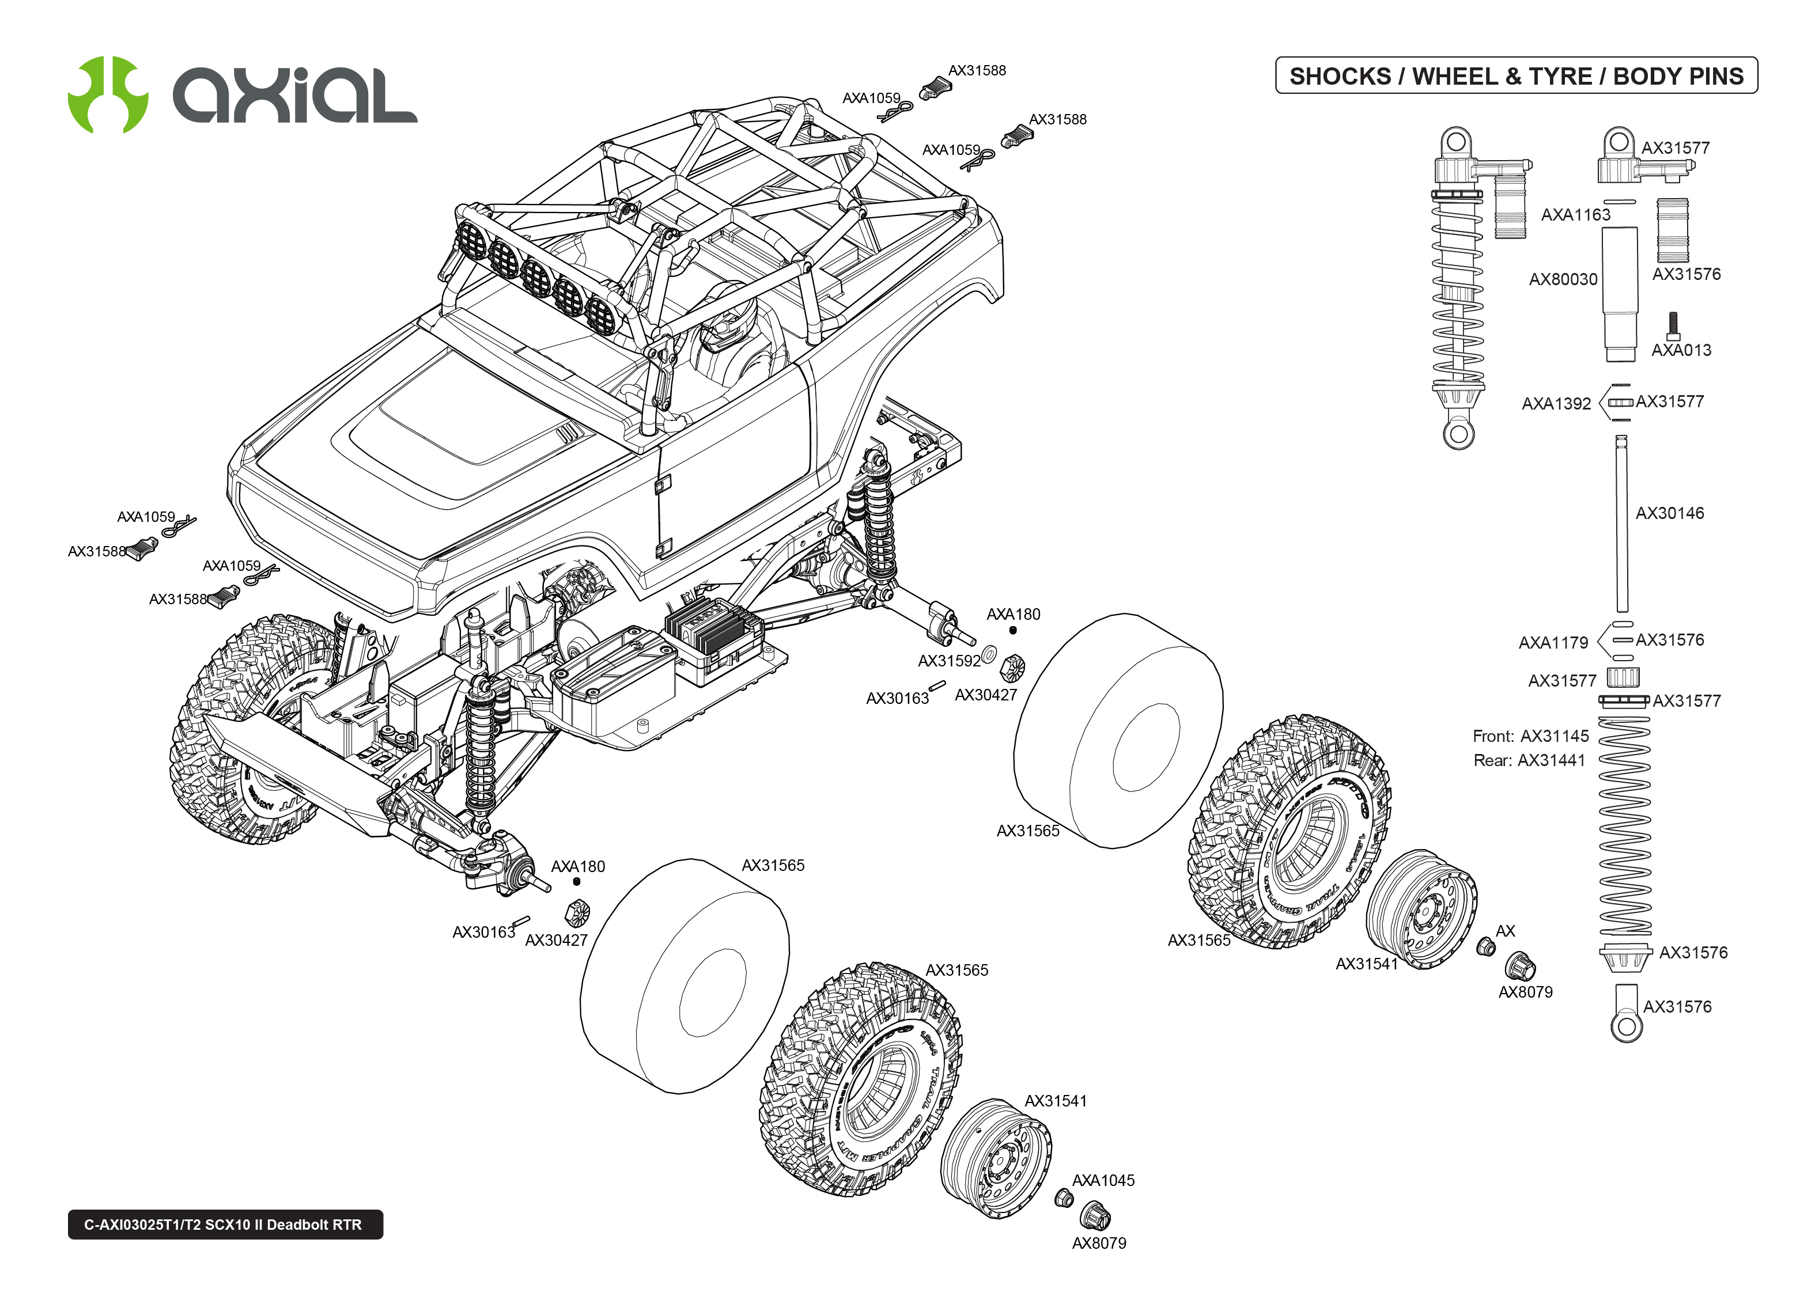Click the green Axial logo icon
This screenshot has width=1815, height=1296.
tap(108, 94)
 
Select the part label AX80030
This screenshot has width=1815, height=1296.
tap(1562, 279)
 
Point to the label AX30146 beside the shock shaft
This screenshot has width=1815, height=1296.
tap(1669, 513)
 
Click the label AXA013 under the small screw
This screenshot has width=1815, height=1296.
tap(1680, 350)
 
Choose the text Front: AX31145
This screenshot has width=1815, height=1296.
tap(1530, 736)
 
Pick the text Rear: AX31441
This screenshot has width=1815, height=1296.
tap(1529, 760)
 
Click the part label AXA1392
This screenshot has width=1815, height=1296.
tap(1556, 404)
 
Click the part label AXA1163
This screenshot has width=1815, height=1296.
tap(1575, 215)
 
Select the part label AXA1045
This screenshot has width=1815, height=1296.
tap(1102, 1180)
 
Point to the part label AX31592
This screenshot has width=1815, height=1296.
tap(948, 661)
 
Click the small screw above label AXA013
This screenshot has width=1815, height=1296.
tap(1673, 325)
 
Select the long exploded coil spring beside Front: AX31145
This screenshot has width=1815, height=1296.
tap(1624, 826)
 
